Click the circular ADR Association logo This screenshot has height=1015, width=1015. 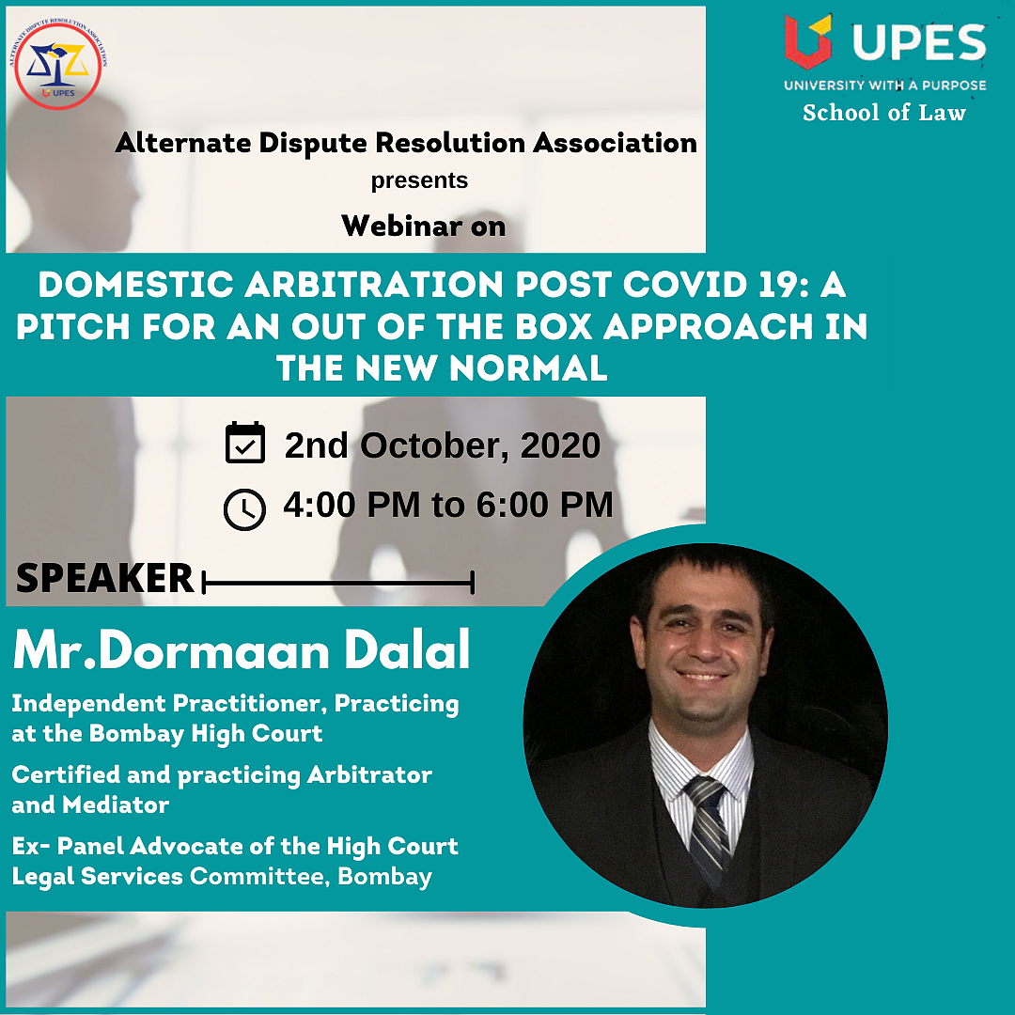pos(58,65)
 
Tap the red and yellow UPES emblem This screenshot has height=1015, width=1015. pos(807,40)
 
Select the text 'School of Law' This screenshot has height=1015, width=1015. pos(884,113)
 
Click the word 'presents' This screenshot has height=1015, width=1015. pos(419,180)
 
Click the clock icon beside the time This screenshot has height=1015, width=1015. pos(244,509)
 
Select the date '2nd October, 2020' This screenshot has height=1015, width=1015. pos(442,445)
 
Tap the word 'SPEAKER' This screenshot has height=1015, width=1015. pos(105,577)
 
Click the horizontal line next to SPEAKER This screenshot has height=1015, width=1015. pos(338,583)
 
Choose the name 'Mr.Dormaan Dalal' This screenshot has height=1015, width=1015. pos(242,649)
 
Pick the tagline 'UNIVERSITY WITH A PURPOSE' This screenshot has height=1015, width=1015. pos(885,85)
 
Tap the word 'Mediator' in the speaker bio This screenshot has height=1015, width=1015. pos(116,804)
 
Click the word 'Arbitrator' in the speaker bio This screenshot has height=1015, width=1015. pos(369,774)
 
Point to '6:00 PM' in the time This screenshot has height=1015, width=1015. pos(544,505)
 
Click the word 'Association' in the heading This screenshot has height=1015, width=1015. pos(615,143)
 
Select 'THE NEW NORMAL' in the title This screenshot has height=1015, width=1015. pos(442,368)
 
